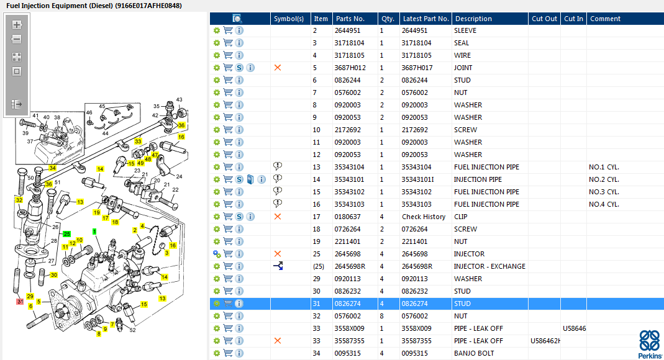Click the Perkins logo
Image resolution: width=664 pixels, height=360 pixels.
(x=650, y=344)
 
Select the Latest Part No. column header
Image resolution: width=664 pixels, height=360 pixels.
(x=425, y=19)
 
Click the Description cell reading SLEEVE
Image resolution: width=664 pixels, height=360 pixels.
(x=465, y=30)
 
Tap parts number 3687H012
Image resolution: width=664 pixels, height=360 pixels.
(x=350, y=68)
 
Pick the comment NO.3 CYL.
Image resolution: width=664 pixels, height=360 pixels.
(x=604, y=192)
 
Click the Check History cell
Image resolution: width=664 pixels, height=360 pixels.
(x=424, y=217)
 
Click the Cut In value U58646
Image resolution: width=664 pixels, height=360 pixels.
(x=574, y=328)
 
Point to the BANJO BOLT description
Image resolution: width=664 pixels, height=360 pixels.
(x=474, y=353)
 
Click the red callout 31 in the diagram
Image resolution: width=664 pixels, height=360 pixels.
(x=20, y=302)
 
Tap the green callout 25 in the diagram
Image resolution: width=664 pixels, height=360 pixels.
(x=66, y=234)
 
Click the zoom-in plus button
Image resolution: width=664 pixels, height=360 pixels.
(x=17, y=25)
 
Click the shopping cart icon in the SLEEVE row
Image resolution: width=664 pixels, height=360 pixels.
(x=228, y=30)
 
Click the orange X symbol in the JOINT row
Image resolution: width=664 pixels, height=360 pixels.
(x=278, y=68)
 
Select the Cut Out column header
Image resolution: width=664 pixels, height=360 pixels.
(x=544, y=19)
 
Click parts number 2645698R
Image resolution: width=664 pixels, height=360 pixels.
(x=350, y=266)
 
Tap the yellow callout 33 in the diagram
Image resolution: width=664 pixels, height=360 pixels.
(x=138, y=141)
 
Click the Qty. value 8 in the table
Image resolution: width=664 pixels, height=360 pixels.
(x=381, y=316)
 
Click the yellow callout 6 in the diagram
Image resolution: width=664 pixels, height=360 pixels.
(x=30, y=306)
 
